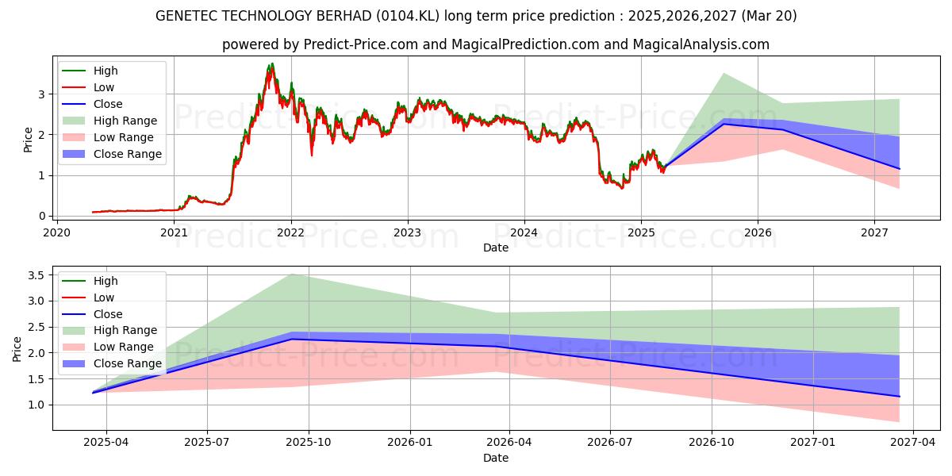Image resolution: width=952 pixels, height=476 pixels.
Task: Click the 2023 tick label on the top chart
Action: tap(407, 232)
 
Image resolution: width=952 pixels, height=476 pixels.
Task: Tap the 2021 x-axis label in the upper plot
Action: tap(174, 232)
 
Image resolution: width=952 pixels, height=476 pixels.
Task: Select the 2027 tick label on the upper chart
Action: tap(874, 232)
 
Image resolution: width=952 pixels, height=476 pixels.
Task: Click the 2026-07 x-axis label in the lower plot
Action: tap(610, 443)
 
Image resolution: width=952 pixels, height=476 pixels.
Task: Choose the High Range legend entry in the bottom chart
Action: tap(125, 330)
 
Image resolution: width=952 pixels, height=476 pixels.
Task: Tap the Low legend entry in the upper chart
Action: tap(103, 87)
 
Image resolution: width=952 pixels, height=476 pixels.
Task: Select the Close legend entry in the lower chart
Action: tap(108, 314)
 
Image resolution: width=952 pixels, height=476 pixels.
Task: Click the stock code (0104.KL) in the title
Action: tap(424, 16)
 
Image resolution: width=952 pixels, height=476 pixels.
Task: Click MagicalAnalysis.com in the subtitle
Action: tap(701, 44)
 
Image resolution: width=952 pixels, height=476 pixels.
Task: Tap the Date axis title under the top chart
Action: tap(496, 248)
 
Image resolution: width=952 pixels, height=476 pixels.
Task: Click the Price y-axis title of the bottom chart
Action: tap(17, 347)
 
